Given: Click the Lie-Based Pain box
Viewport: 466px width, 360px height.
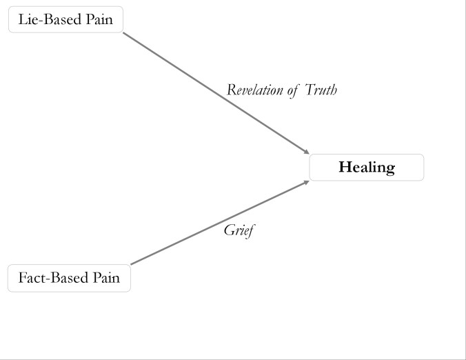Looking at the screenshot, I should [x=65, y=19].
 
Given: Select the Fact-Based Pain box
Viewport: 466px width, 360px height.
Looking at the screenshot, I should [x=69, y=278].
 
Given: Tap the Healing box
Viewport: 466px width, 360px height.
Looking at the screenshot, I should [x=366, y=168].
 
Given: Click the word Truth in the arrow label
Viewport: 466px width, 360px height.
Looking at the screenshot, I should [x=321, y=90].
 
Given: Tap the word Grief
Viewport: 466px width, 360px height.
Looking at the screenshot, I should [x=239, y=230].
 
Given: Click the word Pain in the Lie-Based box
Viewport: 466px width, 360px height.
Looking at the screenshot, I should [x=99, y=19].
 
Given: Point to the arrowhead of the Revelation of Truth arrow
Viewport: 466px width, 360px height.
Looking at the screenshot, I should [x=307, y=152].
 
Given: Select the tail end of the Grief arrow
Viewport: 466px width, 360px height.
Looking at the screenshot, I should [x=132, y=264].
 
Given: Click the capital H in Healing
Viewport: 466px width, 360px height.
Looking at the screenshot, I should [x=345, y=168].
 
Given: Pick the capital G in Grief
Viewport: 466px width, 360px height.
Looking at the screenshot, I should [x=229, y=230].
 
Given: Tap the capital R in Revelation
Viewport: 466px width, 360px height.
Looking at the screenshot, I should [x=231, y=90].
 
